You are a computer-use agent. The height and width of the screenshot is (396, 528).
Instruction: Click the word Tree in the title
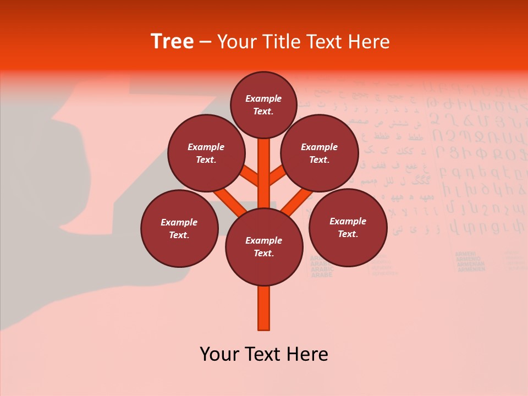(172, 42)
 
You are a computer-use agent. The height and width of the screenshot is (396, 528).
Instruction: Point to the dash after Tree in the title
(205, 42)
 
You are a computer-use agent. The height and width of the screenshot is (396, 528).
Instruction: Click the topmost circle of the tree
(263, 105)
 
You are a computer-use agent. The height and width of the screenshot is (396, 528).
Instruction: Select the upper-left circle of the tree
(206, 153)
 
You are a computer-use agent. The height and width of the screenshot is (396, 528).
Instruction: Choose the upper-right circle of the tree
(319, 153)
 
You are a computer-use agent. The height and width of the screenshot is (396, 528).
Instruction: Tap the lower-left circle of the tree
(179, 228)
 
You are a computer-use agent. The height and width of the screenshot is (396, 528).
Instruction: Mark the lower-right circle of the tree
(348, 227)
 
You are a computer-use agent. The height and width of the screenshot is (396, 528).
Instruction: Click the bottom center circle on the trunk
(263, 246)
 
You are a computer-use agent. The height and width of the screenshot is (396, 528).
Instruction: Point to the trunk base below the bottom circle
(263, 308)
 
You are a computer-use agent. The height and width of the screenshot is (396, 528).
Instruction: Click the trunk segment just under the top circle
(263, 157)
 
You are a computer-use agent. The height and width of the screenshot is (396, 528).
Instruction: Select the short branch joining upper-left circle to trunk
(250, 177)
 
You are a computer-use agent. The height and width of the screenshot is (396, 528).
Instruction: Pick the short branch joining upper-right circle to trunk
(277, 177)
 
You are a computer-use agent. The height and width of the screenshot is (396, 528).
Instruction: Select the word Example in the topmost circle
(263, 98)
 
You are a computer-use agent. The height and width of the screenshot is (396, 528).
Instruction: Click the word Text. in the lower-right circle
(348, 234)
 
